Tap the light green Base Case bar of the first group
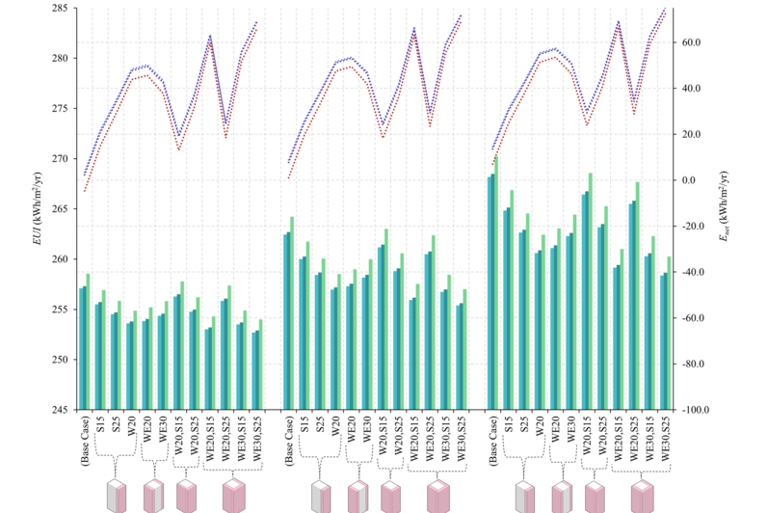click(x=88, y=341)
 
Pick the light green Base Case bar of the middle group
click(x=292, y=313)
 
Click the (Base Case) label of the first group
click(x=85, y=440)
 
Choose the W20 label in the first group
click(x=131, y=424)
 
